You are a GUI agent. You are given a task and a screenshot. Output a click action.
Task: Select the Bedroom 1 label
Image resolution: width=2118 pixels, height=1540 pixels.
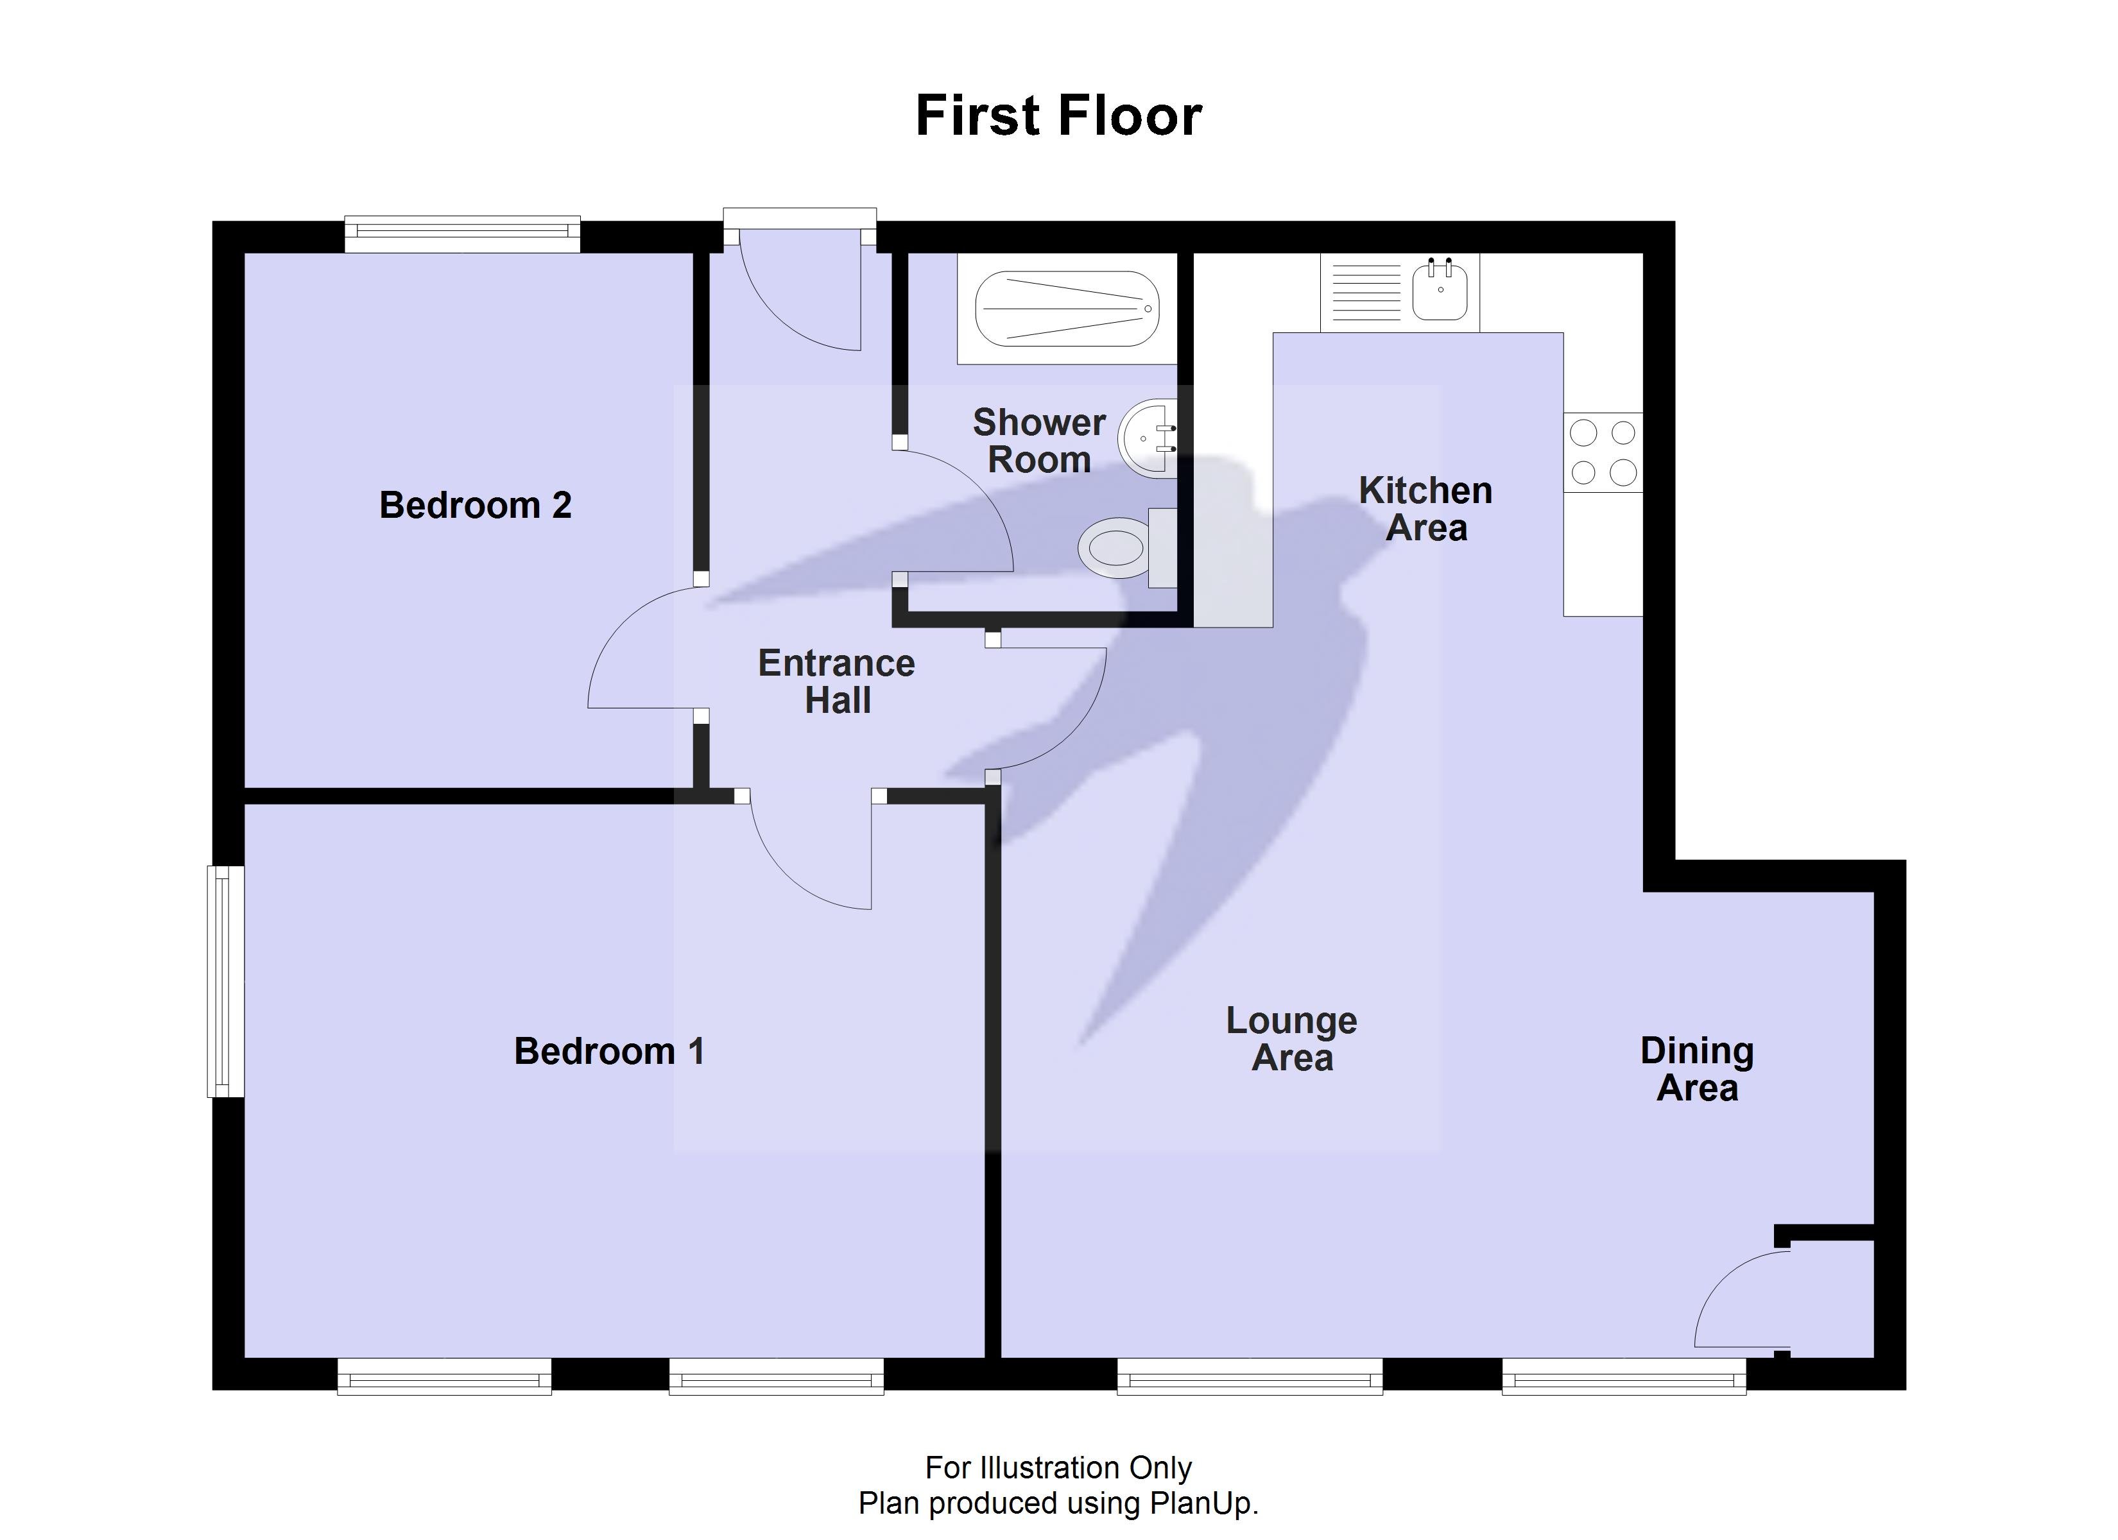609,1052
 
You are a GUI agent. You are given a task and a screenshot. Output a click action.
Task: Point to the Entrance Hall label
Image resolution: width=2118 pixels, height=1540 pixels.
837,681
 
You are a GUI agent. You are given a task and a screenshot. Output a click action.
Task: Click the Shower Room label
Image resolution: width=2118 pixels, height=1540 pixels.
1038,441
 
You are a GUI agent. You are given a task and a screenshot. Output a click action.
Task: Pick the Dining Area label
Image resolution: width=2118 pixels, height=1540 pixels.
1697,1069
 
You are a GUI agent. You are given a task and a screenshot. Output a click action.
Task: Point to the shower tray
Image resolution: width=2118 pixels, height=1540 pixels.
1067,308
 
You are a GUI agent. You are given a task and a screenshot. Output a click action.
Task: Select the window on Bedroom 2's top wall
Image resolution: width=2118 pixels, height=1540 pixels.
462,234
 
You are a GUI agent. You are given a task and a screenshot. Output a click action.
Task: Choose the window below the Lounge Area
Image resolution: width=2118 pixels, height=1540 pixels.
1250,1376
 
